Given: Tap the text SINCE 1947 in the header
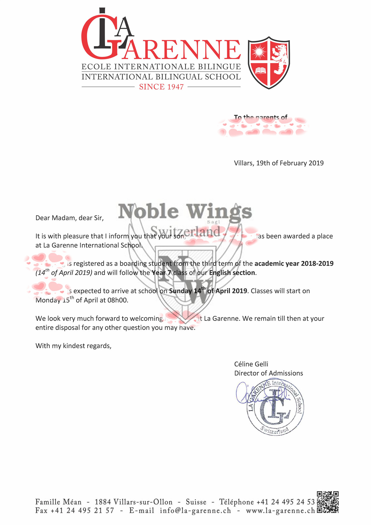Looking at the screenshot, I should pyautogui.click(x=161, y=87).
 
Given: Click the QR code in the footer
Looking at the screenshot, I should pyautogui.click(x=327, y=502).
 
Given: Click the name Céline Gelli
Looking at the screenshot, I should pyautogui.click(x=251, y=364).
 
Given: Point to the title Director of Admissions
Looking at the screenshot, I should pyautogui.click(x=268, y=373).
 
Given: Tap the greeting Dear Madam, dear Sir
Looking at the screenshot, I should pyautogui.click(x=70, y=218).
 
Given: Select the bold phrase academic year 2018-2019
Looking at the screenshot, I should pyautogui.click(x=294, y=264).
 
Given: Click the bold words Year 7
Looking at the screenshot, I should pyautogui.click(x=161, y=273).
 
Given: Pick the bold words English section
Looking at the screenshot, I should pyautogui.click(x=232, y=273).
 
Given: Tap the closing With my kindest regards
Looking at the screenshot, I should pyautogui.click(x=74, y=346).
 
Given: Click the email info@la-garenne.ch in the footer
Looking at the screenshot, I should pyautogui.click(x=195, y=511).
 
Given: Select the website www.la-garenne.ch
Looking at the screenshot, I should pyautogui.click(x=280, y=511).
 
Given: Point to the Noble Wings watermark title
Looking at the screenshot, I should pyautogui.click(x=185, y=212).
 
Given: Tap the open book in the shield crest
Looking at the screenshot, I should pyautogui.click(x=260, y=70).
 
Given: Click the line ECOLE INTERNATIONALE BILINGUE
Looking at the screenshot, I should pyautogui.click(x=161, y=67).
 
